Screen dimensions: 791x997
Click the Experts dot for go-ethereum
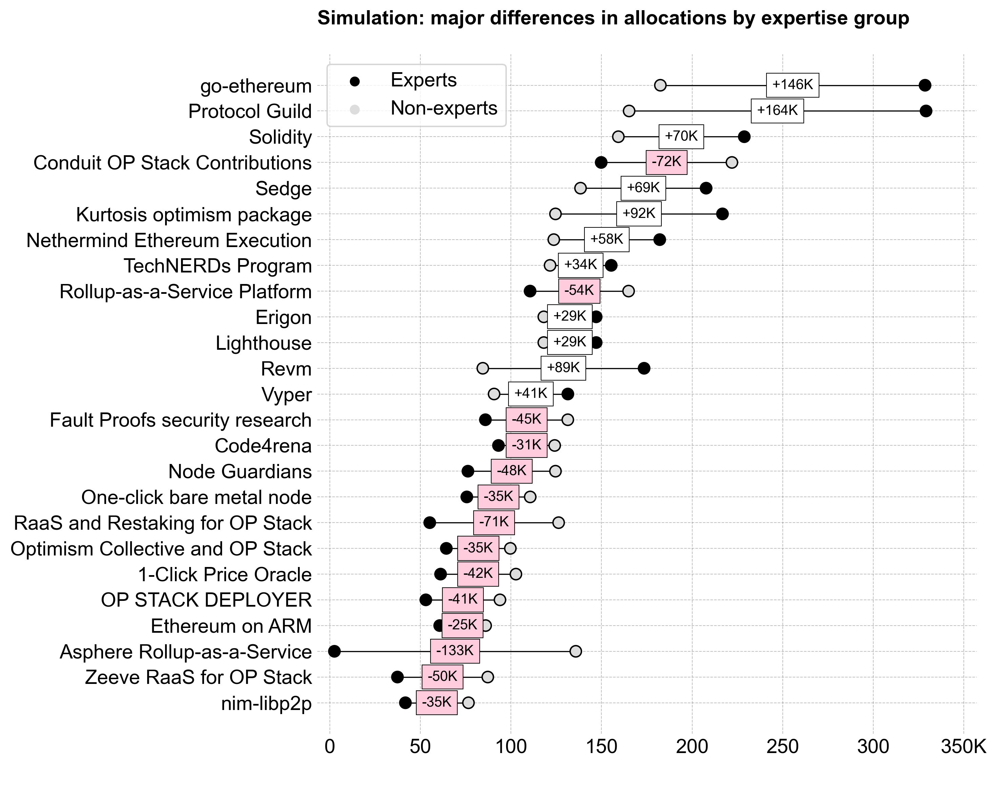[x=924, y=85]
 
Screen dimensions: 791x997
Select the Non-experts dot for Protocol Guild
[x=629, y=111]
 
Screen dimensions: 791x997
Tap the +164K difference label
[x=777, y=111]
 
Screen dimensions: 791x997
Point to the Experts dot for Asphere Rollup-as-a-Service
[x=334, y=651]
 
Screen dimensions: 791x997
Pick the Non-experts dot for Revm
[x=482, y=368]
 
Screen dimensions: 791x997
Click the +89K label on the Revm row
[x=563, y=368]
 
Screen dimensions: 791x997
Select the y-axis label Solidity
[x=280, y=137]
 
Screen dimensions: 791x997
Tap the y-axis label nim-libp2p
[x=266, y=704]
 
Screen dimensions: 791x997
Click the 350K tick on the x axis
[x=963, y=747]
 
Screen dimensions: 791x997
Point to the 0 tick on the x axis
[x=330, y=747]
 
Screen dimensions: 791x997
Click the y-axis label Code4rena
[x=263, y=446]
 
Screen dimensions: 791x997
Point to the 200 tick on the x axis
[x=692, y=747]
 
